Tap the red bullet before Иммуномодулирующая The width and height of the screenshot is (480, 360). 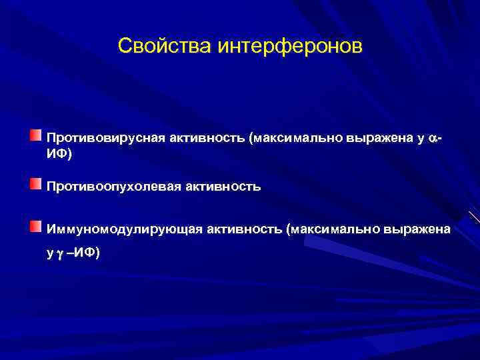point(35,227)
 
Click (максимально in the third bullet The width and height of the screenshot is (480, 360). point(333,230)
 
